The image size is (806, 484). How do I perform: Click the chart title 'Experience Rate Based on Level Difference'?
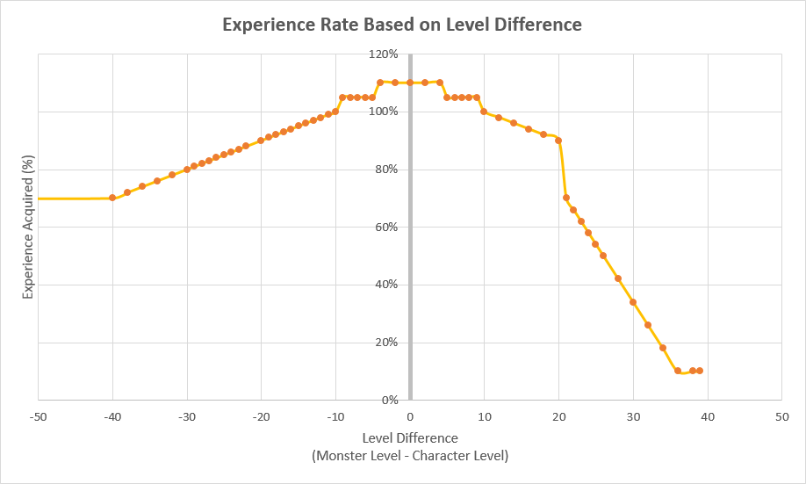tap(402, 25)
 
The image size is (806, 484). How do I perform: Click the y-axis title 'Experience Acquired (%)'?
tap(28, 227)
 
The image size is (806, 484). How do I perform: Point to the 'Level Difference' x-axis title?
tap(410, 437)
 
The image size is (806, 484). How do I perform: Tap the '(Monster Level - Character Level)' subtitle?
tap(410, 456)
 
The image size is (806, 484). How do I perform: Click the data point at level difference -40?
tap(112, 198)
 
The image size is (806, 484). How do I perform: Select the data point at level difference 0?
tap(410, 83)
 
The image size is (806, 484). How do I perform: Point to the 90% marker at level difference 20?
tap(558, 141)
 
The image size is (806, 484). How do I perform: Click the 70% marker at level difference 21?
tap(566, 198)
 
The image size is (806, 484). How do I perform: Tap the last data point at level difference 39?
tap(700, 371)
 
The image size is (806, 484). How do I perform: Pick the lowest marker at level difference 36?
tap(678, 371)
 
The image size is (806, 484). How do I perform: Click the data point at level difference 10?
tap(484, 112)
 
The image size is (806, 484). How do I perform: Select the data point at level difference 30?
tap(633, 302)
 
